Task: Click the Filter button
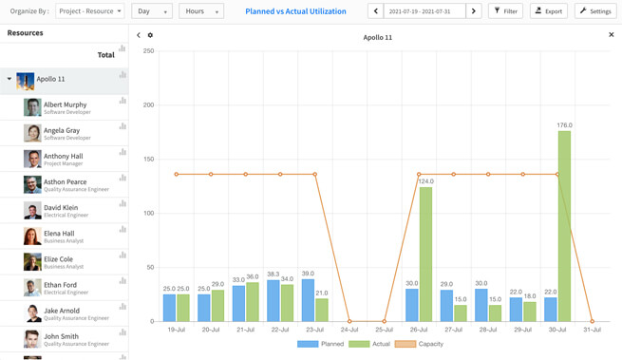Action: click(x=505, y=11)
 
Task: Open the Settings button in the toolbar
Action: click(x=595, y=11)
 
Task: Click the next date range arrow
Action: click(x=474, y=11)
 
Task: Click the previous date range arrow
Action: click(x=376, y=11)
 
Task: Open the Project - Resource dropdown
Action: click(x=90, y=11)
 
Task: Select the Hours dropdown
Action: click(x=201, y=11)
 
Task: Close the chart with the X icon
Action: click(x=612, y=35)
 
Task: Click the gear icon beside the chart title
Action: click(x=150, y=35)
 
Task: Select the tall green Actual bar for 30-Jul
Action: click(x=564, y=226)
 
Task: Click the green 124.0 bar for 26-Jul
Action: click(x=425, y=255)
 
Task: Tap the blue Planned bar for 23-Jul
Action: click(x=308, y=300)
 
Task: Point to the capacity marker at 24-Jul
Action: click(x=349, y=321)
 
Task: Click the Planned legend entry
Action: click(x=321, y=344)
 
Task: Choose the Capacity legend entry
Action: click(x=420, y=344)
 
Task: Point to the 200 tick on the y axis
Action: click(x=148, y=105)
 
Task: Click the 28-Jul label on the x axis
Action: click(x=488, y=330)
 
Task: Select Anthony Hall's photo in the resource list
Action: click(x=32, y=159)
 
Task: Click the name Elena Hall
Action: click(x=59, y=234)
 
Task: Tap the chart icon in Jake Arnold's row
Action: click(x=123, y=307)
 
